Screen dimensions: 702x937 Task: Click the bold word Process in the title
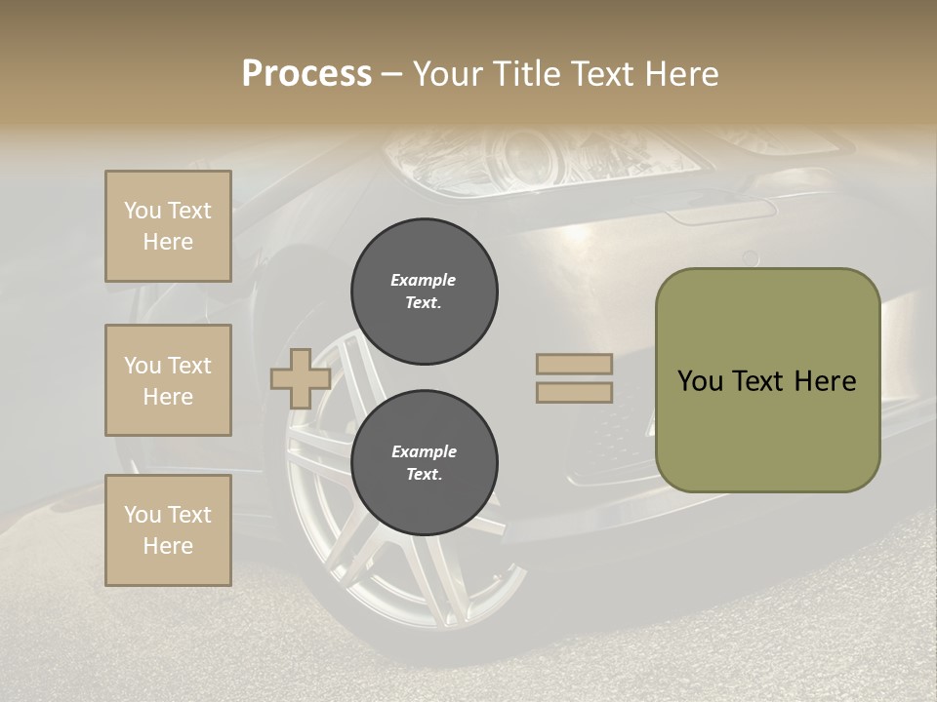[306, 74]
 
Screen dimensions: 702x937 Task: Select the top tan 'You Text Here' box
[168, 226]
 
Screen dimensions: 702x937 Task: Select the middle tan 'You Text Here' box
[168, 380]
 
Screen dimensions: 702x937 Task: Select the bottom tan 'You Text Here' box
[168, 530]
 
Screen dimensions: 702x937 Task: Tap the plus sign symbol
[300, 378]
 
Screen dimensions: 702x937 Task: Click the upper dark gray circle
[425, 292]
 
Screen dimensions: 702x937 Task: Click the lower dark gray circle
[425, 463]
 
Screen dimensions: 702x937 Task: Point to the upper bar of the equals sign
[574, 364]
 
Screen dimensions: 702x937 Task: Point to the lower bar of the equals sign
[574, 393]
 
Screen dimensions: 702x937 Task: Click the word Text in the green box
[757, 381]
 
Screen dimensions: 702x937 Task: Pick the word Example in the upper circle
[424, 280]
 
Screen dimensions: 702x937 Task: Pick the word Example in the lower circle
[424, 451]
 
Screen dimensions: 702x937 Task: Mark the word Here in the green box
[825, 381]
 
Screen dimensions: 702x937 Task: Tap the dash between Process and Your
[391, 74]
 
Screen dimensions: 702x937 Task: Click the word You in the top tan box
[143, 211]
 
